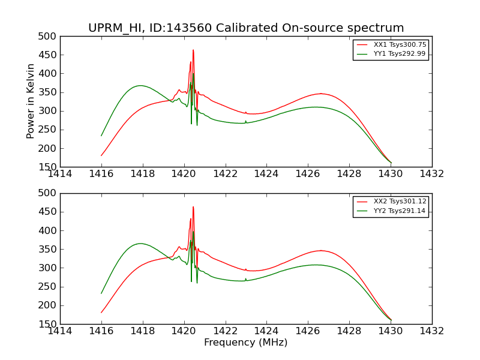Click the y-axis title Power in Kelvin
pos(31,101)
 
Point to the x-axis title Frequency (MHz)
pos(245,343)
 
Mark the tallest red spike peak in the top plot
pos(193,50)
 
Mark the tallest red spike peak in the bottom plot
pos(193,207)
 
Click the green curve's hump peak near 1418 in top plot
pos(140,85)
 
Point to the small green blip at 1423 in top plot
pos(245,121)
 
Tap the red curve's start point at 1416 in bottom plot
pos(101,312)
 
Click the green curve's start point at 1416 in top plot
pos(101,136)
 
